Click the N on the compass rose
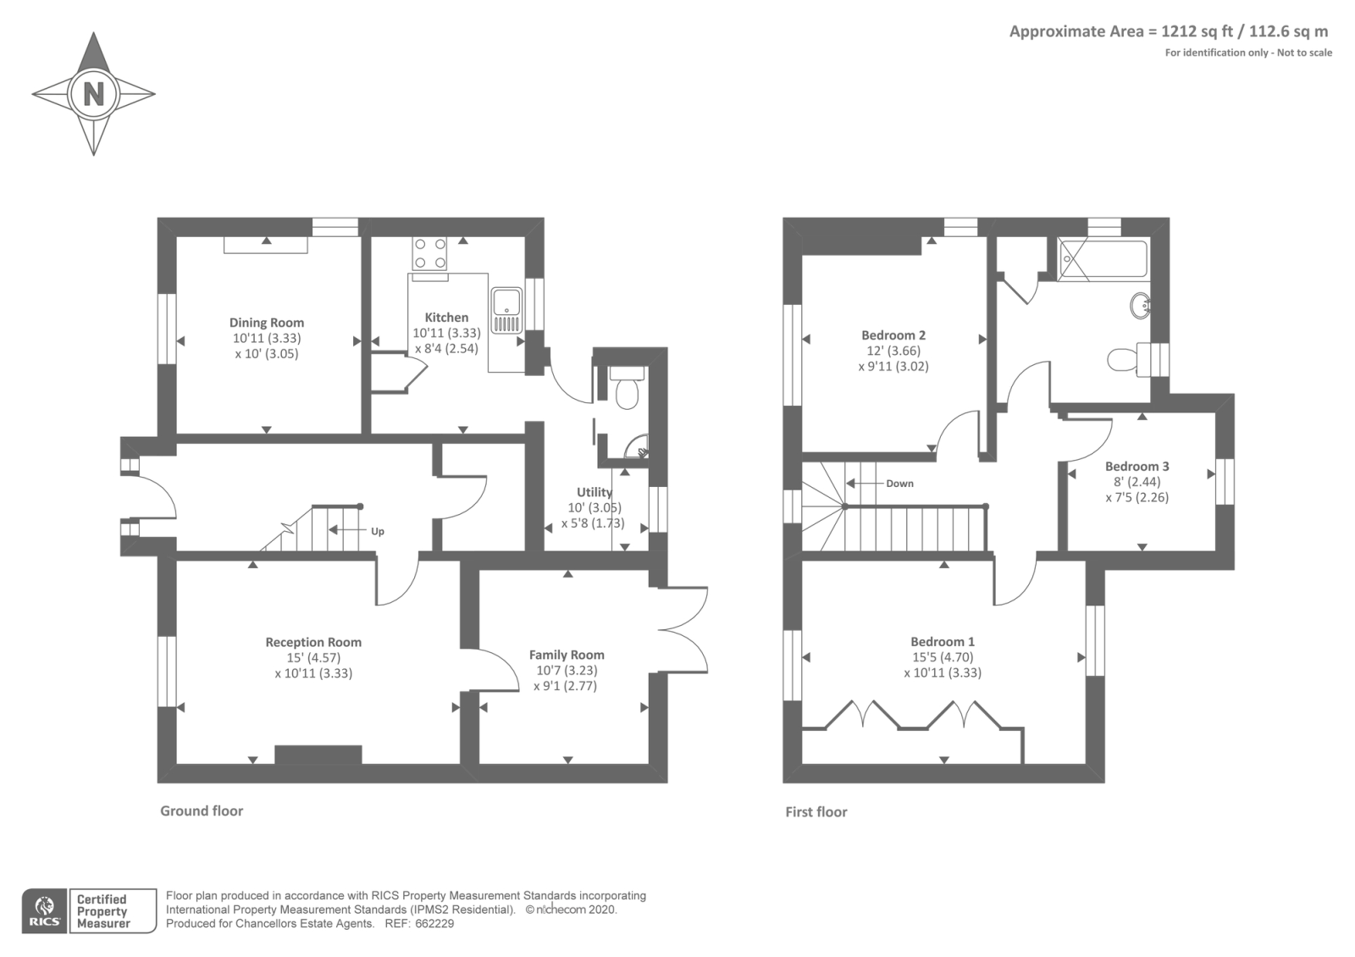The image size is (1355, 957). tap(93, 93)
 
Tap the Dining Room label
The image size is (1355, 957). tap(266, 323)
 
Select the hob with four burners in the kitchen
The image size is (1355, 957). tap(429, 253)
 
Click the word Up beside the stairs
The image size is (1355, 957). tap(378, 532)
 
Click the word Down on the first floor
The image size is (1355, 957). tap(899, 484)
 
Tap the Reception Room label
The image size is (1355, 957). tap(313, 643)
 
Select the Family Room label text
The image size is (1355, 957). tap(567, 655)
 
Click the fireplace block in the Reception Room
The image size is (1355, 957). tap(318, 755)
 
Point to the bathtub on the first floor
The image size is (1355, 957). tap(1103, 260)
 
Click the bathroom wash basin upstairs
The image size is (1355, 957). tap(1140, 307)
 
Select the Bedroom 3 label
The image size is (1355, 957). tap(1137, 467)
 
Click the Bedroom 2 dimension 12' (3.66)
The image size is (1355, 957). tap(893, 351)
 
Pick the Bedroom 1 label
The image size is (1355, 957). tap(943, 642)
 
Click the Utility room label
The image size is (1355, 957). tap(594, 492)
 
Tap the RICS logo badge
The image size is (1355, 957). tap(45, 911)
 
